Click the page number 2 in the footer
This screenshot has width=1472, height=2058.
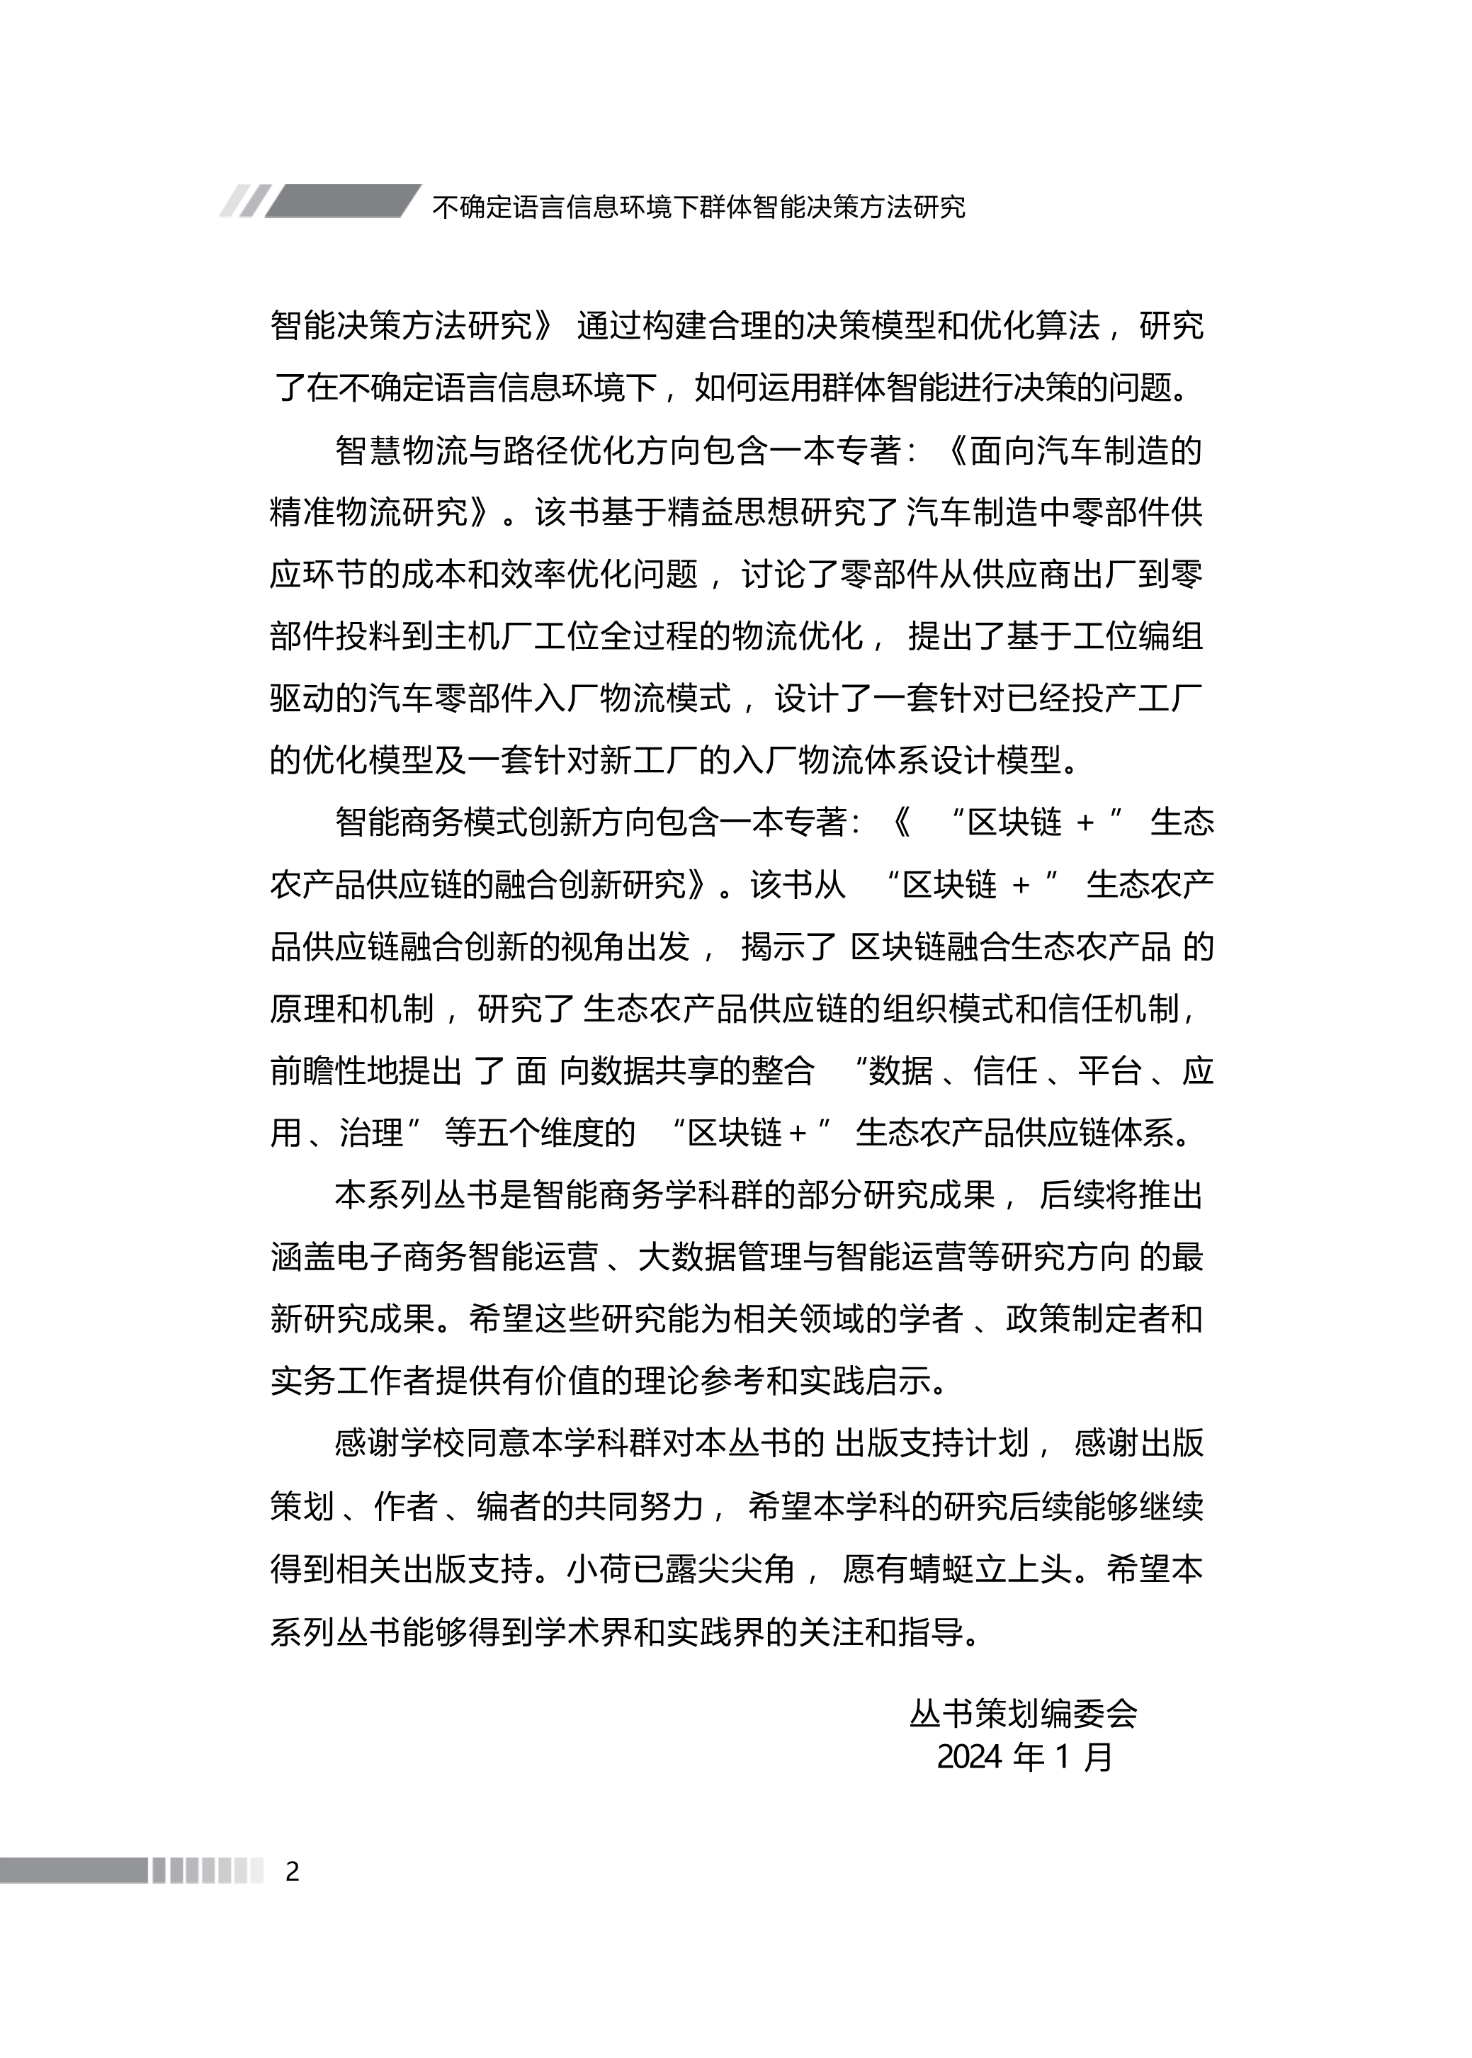[292, 1870]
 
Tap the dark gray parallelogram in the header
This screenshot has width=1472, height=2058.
[343, 201]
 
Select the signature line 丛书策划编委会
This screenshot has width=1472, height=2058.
[1024, 1713]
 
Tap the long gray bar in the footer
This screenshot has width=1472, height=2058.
[72, 1870]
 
